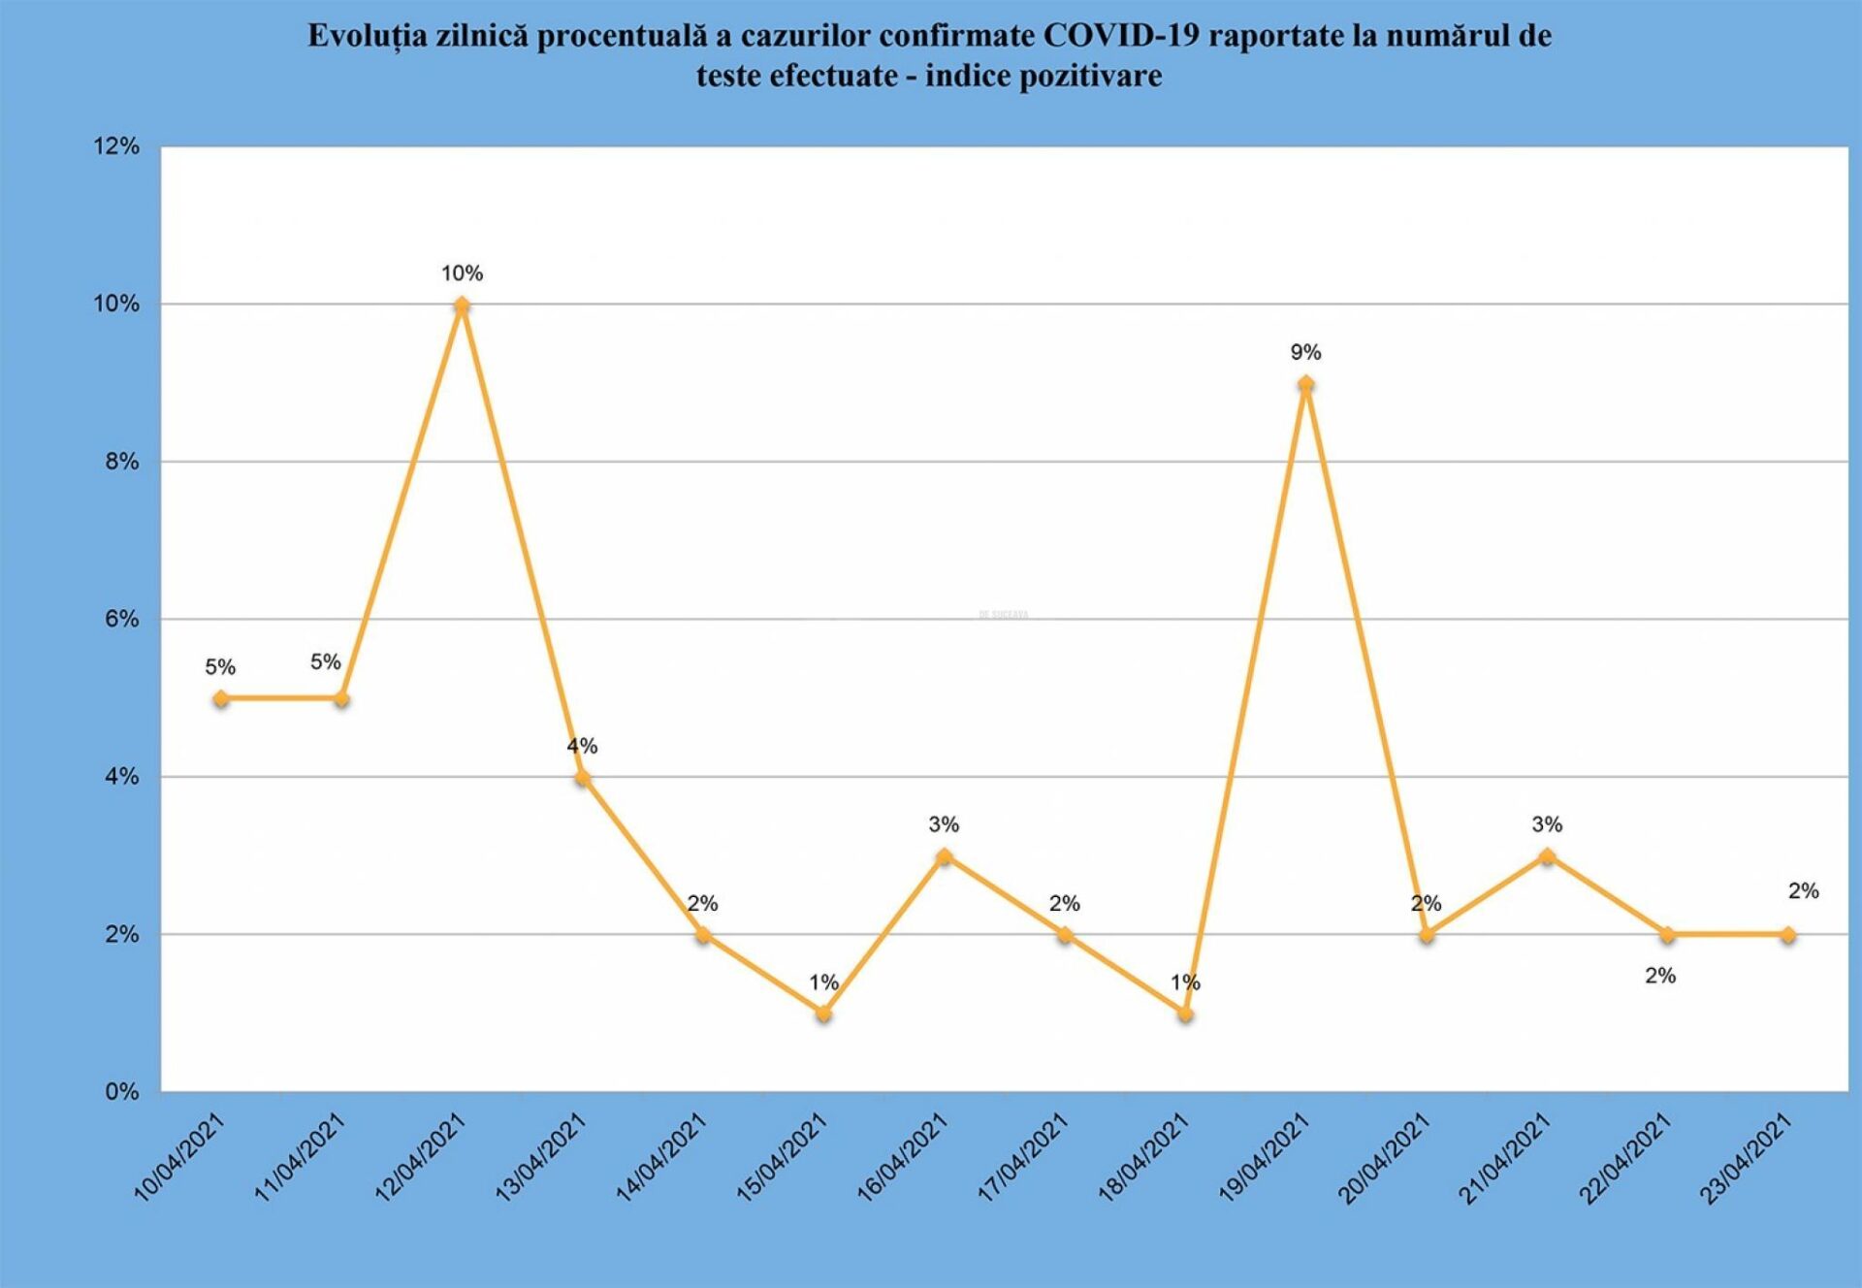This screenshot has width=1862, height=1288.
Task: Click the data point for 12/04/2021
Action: (462, 306)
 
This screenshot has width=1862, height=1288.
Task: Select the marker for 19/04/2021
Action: (1305, 384)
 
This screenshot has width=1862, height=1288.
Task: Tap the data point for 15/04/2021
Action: (823, 1014)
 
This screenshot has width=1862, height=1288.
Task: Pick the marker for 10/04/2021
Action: (221, 698)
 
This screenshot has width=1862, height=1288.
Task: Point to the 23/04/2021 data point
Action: (1787, 935)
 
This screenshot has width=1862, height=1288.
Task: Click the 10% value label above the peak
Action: (462, 274)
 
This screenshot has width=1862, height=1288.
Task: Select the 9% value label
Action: (1305, 352)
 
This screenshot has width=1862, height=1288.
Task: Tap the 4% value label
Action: (582, 746)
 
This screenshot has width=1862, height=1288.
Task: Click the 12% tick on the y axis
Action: (116, 146)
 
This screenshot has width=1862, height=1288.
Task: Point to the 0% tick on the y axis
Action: (122, 1092)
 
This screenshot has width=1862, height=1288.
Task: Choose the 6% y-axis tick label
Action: (122, 619)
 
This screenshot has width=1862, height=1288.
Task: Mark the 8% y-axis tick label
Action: (122, 462)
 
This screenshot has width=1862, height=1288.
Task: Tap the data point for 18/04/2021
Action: (1185, 1014)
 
